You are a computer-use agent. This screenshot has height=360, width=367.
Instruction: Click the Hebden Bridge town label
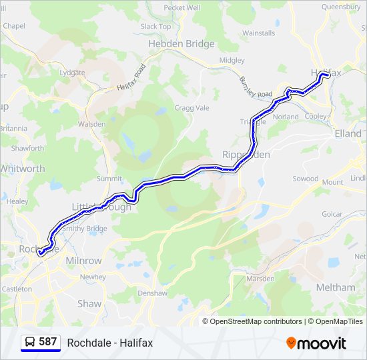181,44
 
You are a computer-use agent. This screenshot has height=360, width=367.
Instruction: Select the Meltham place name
336,287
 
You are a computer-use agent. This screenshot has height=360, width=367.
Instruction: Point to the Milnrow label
83,261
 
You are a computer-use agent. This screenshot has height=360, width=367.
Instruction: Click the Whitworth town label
23,169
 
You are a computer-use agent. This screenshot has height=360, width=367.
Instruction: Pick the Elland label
348,133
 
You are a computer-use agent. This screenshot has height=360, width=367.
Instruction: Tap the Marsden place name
261,278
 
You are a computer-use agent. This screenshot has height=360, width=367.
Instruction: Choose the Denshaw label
152,293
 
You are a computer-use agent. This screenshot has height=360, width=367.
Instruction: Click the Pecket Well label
182,8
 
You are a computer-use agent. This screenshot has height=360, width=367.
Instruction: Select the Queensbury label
341,7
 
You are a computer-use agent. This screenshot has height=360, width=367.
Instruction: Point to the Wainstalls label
258,33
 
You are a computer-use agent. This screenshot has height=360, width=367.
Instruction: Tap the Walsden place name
91,124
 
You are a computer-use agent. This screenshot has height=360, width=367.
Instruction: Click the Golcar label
332,214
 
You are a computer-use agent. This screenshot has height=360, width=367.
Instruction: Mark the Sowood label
306,179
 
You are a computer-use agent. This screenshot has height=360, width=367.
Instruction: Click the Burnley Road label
256,87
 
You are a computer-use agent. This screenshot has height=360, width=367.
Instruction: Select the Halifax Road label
131,78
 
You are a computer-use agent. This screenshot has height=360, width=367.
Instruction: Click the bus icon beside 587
30,342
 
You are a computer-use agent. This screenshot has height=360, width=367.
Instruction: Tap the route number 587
48,342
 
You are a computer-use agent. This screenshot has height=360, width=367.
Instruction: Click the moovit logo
316,343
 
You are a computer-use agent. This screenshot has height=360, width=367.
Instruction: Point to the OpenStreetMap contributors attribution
252,321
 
